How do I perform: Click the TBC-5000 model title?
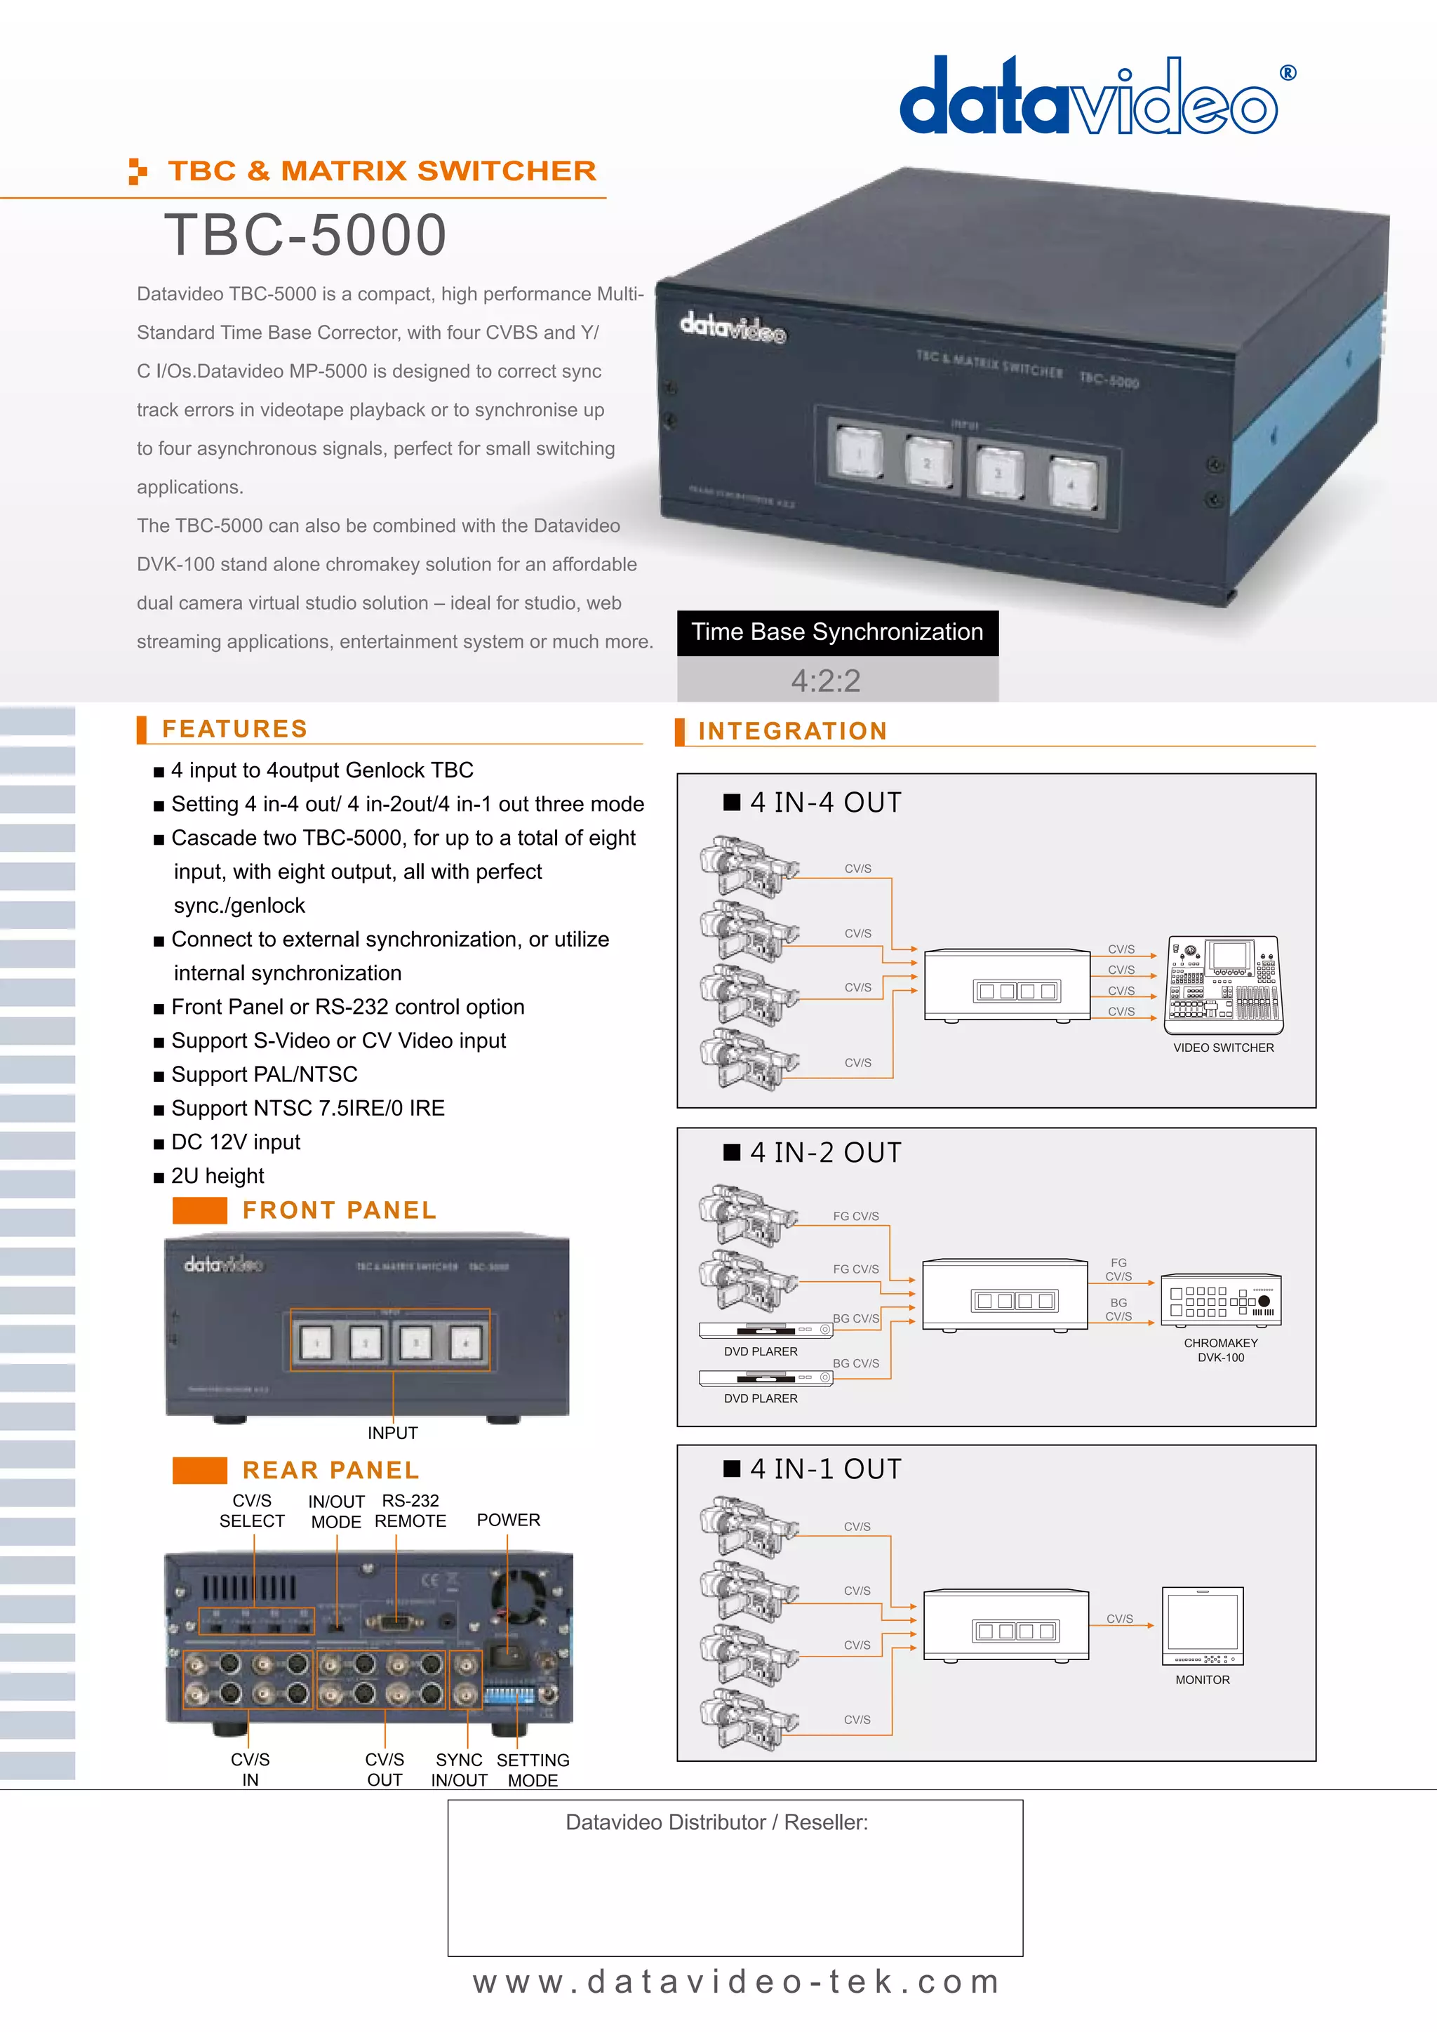tap(305, 236)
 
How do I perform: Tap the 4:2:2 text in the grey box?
tap(826, 681)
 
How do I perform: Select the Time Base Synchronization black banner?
tap(837, 632)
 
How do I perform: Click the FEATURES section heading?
tap(234, 728)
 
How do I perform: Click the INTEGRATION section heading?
tap(792, 731)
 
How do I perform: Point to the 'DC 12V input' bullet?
tap(235, 1142)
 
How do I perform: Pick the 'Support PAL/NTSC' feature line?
tap(264, 1074)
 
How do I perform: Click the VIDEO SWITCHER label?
tap(1223, 1048)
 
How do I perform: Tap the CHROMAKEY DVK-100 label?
tap(1220, 1350)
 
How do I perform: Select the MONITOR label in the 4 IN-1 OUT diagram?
tap(1202, 1680)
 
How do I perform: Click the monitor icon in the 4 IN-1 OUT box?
tap(1203, 1625)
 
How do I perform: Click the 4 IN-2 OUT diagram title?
tap(824, 1152)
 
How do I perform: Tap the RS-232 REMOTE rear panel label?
tap(410, 1511)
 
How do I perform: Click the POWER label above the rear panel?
tap(508, 1520)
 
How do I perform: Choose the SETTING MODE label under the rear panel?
tap(533, 1770)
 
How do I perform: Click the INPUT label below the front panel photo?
tap(392, 1433)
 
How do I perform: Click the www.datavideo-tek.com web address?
tap(736, 1982)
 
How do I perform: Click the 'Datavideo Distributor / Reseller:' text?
tap(716, 1822)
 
